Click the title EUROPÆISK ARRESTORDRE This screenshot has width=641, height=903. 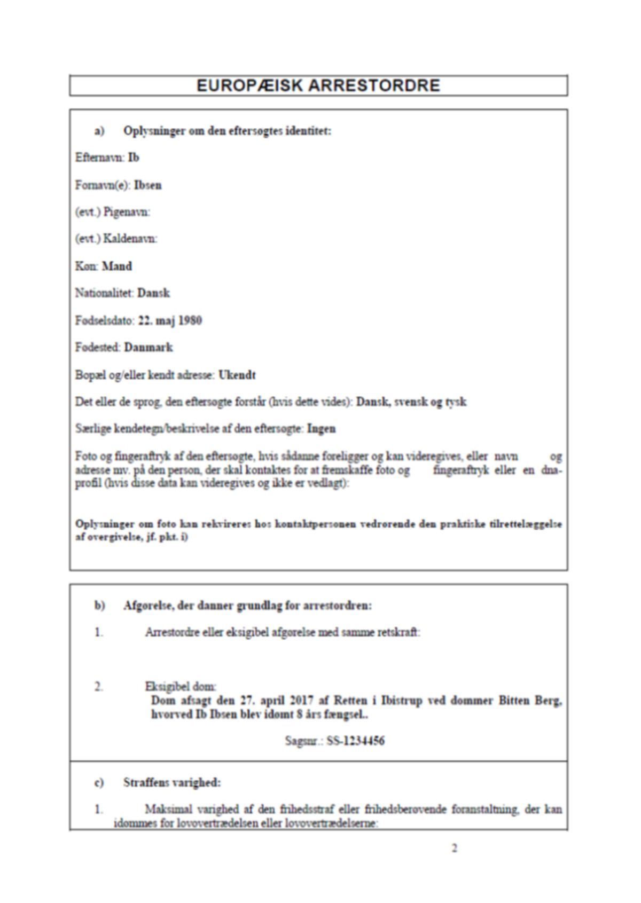(318, 85)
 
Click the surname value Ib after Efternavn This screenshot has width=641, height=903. (134, 158)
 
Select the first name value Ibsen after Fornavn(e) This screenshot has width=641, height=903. (148, 185)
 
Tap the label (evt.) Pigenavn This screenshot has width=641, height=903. (113, 212)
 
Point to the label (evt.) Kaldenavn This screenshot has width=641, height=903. (116, 239)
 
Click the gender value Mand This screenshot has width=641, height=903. (117, 266)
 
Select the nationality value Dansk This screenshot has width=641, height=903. (154, 293)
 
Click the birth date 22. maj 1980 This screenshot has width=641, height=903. (170, 320)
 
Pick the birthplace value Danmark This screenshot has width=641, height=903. (148, 347)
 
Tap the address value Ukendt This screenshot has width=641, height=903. (237, 375)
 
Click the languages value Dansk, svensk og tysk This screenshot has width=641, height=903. (411, 402)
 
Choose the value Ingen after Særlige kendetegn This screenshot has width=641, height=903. (322, 428)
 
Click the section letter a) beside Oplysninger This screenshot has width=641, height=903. (99, 131)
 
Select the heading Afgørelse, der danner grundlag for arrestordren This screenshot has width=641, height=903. (247, 606)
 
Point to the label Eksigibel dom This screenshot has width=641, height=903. (181, 687)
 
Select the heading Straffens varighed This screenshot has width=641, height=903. (171, 782)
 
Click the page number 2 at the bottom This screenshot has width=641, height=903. (455, 849)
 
